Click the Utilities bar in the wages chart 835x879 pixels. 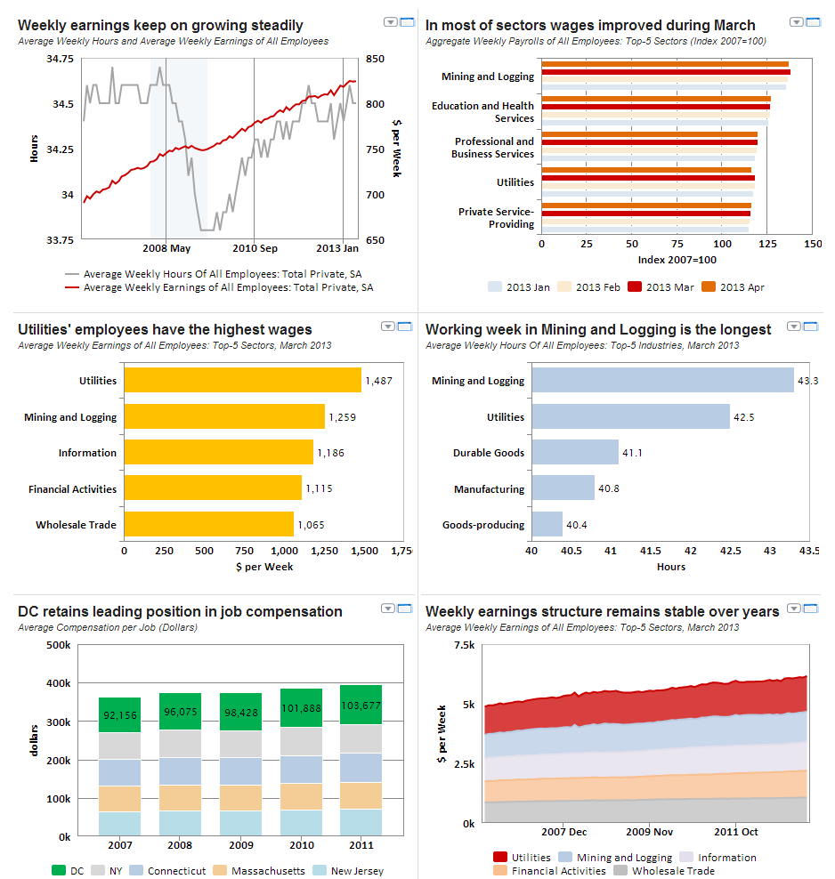click(x=242, y=380)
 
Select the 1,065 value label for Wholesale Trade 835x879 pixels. click(x=311, y=525)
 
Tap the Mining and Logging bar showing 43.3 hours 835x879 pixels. click(x=662, y=380)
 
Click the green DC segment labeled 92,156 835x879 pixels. click(x=119, y=714)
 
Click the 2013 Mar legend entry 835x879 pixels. click(x=662, y=287)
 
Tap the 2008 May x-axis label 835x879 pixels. click(x=166, y=248)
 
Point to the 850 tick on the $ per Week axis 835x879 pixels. click(x=375, y=59)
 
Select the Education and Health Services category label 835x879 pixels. click(x=482, y=112)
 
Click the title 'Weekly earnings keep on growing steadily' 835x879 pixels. click(x=160, y=26)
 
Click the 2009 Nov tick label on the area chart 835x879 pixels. click(x=649, y=832)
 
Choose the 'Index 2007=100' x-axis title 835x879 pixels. click(x=677, y=260)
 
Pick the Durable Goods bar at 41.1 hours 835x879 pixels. click(x=575, y=452)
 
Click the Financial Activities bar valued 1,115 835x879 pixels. click(x=213, y=488)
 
